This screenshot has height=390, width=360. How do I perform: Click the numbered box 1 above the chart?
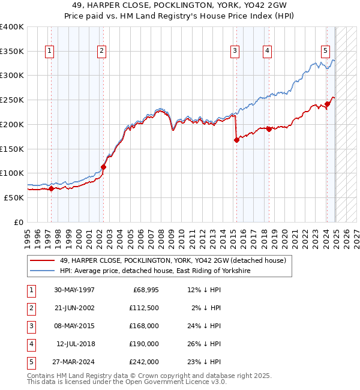49,51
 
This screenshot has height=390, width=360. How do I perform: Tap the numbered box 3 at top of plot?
235,51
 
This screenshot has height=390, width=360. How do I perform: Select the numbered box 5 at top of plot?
325,51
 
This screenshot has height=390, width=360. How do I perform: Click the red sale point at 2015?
236,140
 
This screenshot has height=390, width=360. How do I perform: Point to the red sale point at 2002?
104,167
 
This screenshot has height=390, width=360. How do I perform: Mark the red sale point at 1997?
51,188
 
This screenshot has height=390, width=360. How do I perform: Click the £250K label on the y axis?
12,100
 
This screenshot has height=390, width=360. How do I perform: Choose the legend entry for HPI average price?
154,271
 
